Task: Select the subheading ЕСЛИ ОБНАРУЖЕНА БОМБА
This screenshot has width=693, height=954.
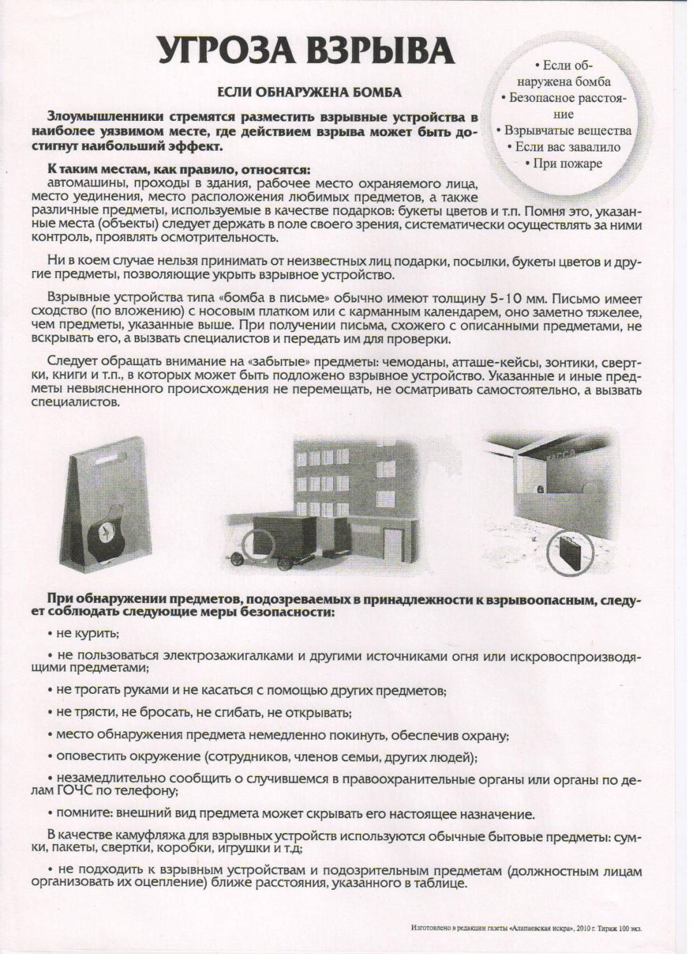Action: (x=310, y=92)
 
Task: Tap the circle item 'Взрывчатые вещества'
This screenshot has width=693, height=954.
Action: (x=568, y=130)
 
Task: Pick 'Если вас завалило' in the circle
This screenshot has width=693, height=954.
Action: (x=567, y=147)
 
